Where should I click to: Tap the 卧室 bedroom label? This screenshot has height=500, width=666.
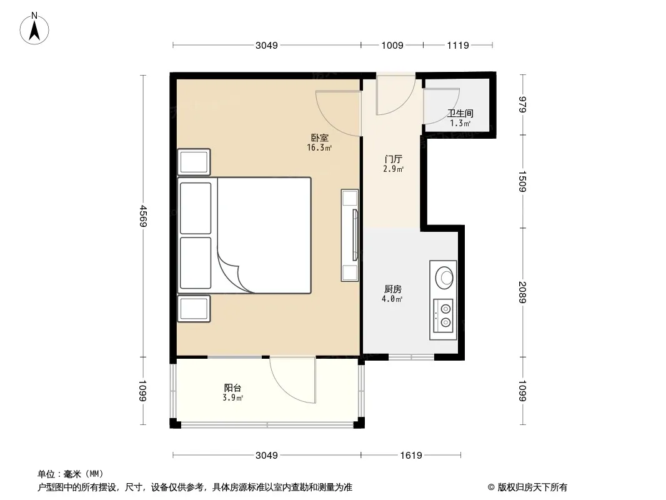319,137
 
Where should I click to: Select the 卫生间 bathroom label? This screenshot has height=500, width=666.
460,113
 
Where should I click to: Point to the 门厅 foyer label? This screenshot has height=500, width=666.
393,159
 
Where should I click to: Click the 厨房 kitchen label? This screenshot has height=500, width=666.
392,289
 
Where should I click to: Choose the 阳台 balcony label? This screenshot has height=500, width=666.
233,388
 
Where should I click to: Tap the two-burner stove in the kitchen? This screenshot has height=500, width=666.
443,316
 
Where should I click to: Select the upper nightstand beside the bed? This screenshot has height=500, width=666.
194,162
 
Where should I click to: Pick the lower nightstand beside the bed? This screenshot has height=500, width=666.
194,309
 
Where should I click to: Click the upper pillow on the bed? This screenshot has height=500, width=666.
196,208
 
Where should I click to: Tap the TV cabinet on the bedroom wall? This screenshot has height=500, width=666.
350,236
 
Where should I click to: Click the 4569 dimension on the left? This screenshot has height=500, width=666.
143,216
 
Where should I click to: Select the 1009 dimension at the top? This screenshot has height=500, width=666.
392,45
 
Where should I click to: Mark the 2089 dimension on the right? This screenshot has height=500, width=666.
522,292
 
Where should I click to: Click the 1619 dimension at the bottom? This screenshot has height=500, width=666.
410,456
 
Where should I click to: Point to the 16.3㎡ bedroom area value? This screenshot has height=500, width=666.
319,148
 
